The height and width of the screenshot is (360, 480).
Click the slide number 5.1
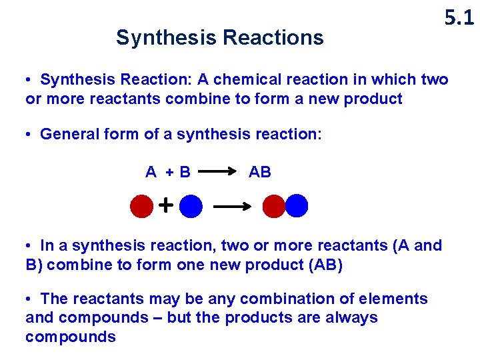[459, 18]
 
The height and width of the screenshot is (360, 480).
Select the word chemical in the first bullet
[253, 80]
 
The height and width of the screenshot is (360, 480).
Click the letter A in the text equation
[151, 172]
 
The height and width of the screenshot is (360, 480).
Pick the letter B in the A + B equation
[185, 172]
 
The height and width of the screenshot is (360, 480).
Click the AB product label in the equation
[260, 172]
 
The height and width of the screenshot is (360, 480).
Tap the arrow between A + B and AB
[218, 172]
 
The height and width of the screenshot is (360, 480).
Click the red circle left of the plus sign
[142, 207]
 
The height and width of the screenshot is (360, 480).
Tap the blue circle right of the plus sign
[191, 207]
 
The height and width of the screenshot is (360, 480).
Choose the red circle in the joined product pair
[273, 207]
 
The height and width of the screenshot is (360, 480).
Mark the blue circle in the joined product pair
[296, 207]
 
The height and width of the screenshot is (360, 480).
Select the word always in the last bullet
[351, 318]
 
